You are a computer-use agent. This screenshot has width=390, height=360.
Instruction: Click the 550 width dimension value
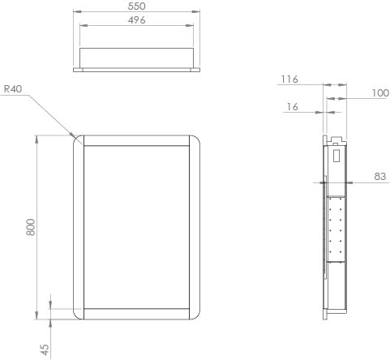click(x=136, y=5)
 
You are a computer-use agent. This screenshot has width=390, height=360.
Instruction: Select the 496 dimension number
click(x=136, y=20)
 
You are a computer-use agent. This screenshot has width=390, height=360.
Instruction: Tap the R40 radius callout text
click(x=11, y=90)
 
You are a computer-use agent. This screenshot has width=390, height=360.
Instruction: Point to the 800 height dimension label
click(x=31, y=227)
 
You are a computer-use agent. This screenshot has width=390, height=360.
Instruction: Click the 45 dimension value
click(x=45, y=349)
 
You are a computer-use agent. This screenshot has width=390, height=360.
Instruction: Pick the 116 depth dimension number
click(x=289, y=79)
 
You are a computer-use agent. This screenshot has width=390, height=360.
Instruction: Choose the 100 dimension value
click(x=380, y=93)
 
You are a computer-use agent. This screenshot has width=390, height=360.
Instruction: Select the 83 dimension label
click(x=380, y=176)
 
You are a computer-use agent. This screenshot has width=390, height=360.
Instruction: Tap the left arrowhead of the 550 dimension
click(x=75, y=12)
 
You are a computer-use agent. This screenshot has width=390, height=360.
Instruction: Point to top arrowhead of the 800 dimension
click(x=36, y=136)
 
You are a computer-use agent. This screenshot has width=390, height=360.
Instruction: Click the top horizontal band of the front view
click(x=137, y=140)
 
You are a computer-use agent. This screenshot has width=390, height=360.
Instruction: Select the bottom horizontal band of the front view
click(x=137, y=315)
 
